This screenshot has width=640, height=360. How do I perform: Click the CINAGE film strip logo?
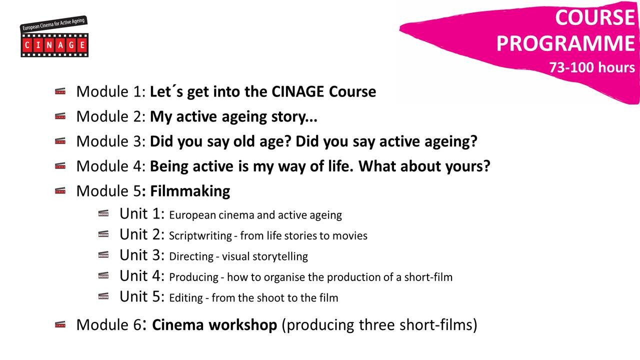pos(54,36)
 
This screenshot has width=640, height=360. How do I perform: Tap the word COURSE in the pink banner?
pos(595,17)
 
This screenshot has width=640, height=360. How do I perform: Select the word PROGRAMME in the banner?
pos(565,43)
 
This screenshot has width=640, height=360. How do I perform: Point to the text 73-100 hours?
pos(592,67)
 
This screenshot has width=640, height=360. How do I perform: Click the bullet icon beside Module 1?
pos(60,91)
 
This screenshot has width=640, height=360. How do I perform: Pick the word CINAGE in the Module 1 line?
pos(297,91)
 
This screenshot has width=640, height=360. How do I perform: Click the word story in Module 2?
pos(289,117)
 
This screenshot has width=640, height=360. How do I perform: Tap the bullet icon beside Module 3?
pos(60,141)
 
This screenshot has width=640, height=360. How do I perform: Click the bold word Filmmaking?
pos(190,191)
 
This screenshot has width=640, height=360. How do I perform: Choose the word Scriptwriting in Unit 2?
pos(200,236)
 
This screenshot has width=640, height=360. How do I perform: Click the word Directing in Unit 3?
pos(191,256)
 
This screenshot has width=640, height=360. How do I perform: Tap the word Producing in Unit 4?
pos(193,277)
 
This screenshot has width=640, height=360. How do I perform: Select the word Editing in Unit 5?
pos(185,298)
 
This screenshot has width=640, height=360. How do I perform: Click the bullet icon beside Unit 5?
pos(103,296)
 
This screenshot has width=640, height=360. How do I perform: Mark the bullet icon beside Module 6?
pos(60,324)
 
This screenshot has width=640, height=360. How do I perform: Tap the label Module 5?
pos(109,191)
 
